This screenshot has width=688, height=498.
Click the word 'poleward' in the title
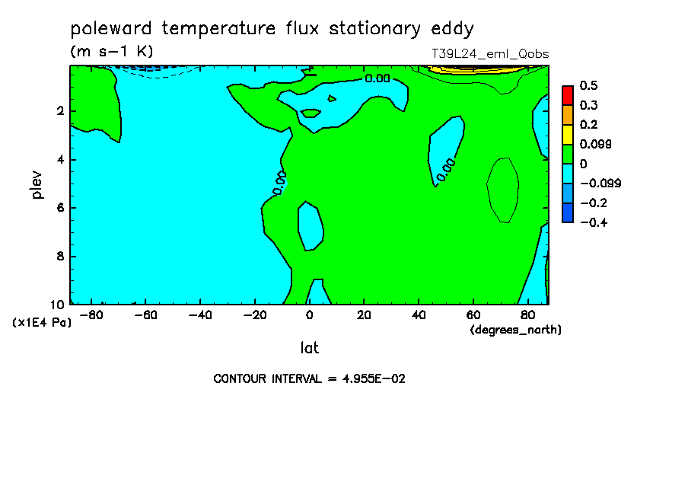(111, 28)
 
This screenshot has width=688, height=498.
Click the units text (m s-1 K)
(112, 51)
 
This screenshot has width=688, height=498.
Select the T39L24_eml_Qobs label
(490, 54)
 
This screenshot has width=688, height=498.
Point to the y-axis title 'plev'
(37, 184)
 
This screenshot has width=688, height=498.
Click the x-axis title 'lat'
(309, 348)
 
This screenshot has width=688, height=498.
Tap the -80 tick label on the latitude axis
(91, 315)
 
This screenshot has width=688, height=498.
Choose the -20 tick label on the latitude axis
(255, 315)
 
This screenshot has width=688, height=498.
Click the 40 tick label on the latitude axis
(419, 315)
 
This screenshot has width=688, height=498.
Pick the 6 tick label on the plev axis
(61, 208)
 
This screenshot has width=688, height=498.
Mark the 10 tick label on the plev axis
(57, 305)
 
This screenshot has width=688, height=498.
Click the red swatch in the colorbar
(568, 95)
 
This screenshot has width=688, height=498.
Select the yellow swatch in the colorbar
(568, 134)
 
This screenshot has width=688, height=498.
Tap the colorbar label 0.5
(588, 85)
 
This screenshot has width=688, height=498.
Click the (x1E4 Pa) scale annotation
(42, 323)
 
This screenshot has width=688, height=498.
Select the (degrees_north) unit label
(515, 330)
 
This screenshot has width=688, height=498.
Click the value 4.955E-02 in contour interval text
(374, 378)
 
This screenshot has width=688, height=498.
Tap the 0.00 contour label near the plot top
(377, 78)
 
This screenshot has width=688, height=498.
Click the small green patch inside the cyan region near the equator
(311, 113)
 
